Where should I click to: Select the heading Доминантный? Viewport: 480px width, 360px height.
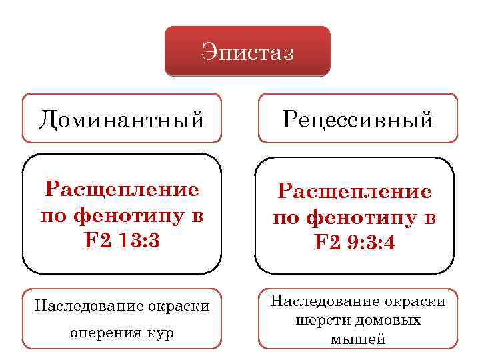(121, 119)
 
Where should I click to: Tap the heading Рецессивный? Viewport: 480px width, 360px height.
(358, 119)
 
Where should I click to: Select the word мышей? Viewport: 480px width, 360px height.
(358, 339)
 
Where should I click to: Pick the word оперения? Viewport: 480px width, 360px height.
(108, 333)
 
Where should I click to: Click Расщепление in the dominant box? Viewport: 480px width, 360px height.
(122, 189)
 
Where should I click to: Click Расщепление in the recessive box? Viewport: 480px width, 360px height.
(355, 193)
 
